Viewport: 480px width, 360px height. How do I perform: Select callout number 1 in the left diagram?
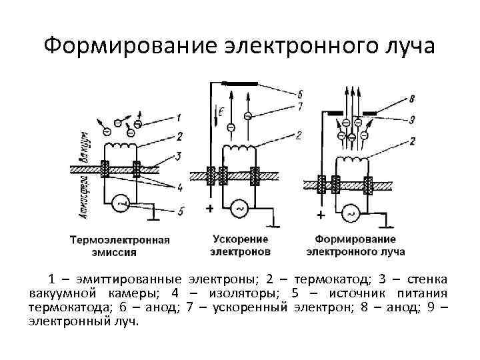click(179, 119)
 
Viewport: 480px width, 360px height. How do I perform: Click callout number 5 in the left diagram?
click(181, 212)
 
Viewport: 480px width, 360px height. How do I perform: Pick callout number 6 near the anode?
click(301, 93)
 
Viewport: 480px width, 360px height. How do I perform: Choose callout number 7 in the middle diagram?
click(301, 106)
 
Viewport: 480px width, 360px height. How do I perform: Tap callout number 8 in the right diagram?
click(411, 99)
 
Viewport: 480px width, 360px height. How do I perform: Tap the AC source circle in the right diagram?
click(350, 213)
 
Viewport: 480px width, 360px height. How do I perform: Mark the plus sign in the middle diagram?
click(210, 209)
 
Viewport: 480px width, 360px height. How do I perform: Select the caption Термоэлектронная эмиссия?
click(120, 246)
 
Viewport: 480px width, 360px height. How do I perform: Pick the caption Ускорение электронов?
click(241, 245)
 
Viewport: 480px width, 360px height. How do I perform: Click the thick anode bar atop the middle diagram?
click(240, 84)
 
